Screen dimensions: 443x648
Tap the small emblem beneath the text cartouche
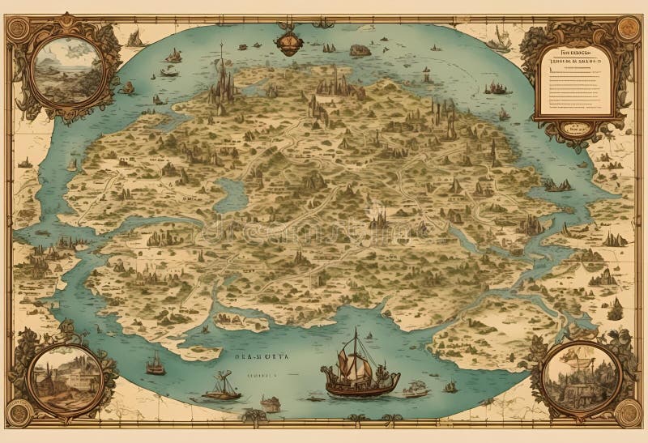click(576, 127)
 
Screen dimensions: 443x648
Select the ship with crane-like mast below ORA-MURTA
click(221, 388)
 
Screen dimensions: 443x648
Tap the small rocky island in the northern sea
click(360, 50)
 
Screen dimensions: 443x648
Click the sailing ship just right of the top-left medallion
click(135, 36)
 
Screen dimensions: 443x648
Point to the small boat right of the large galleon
click(415, 389)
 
